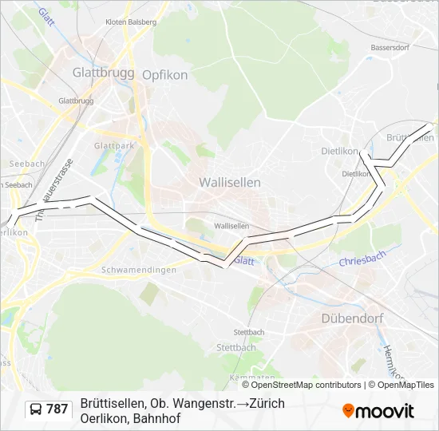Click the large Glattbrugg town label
tap(104, 72)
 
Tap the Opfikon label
tap(164, 75)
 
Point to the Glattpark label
tap(114, 146)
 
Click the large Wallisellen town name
tap(230, 182)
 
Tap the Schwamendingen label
tap(138, 270)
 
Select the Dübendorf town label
tap(352, 318)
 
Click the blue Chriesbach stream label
tap(362, 259)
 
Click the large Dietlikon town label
tap(339, 150)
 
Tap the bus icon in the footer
tap(36, 409)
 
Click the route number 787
tap(57, 409)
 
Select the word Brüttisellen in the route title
tap(111, 403)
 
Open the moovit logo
tap(378, 411)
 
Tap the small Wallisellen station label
tap(231, 226)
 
